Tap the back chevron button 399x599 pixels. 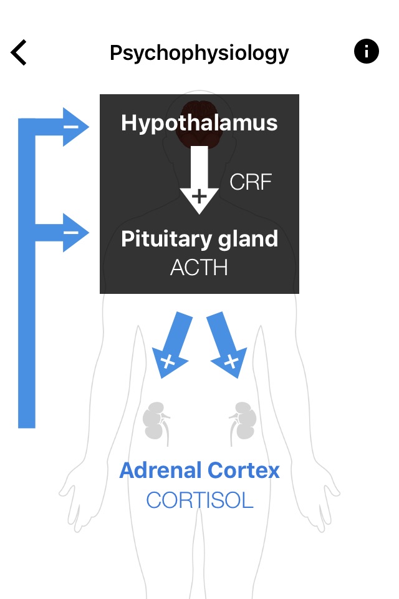[18, 52]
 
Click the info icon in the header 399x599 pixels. [366, 51]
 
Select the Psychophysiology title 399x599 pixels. [199, 54]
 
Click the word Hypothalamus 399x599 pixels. [199, 124]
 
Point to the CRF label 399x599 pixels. [251, 182]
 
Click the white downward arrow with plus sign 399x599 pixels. [199, 180]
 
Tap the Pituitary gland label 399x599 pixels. [199, 240]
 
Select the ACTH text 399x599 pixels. [199, 268]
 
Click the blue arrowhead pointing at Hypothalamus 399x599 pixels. [76, 127]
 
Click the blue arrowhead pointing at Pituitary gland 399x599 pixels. [76, 232]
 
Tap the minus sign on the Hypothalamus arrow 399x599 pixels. [70, 127]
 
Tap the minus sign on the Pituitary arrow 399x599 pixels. [70, 232]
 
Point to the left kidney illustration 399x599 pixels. [156, 423]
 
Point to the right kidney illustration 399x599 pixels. [243, 423]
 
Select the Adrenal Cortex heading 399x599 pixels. [199, 470]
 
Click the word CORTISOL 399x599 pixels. [199, 500]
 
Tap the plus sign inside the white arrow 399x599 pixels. [199, 197]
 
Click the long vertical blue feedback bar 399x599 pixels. [27, 273]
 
